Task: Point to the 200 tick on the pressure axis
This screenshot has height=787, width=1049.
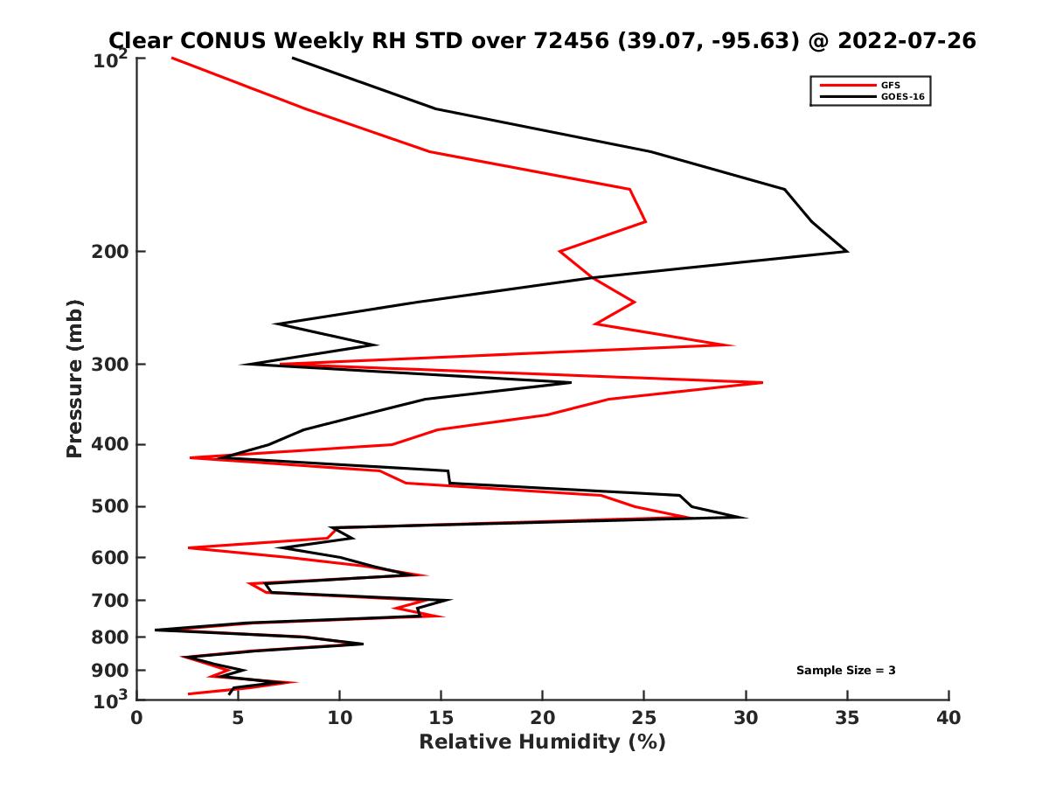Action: [110, 252]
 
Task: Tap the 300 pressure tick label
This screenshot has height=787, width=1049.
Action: [110, 364]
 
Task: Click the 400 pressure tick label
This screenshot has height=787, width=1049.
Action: [110, 444]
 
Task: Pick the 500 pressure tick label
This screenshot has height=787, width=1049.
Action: [110, 506]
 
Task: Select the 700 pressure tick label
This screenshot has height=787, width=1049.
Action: [110, 600]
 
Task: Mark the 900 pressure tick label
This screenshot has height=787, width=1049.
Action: [110, 670]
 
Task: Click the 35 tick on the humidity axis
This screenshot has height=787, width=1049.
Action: [847, 718]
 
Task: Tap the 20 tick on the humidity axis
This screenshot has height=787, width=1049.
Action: [543, 718]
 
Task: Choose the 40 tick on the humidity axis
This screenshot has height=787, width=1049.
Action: [948, 718]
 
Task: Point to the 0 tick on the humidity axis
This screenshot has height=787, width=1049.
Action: [137, 718]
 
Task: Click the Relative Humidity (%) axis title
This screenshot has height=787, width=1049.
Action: [542, 742]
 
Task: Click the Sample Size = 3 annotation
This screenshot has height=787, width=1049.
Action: [845, 670]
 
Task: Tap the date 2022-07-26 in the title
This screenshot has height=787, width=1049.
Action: [906, 40]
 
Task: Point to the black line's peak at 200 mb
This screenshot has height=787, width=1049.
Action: [847, 252]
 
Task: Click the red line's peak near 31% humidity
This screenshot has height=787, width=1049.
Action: [761, 382]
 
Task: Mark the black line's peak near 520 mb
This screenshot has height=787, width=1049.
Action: [746, 518]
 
